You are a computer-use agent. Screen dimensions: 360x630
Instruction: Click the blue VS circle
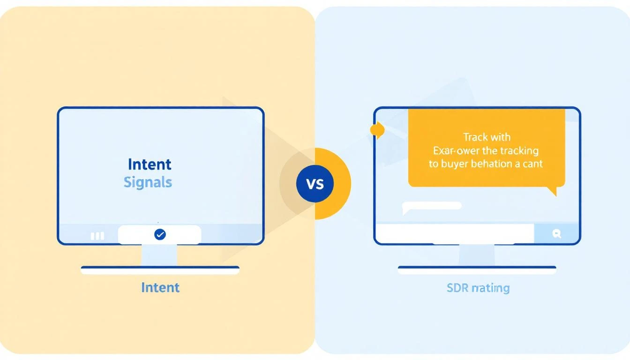tap(315, 184)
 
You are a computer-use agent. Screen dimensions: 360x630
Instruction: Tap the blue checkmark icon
tap(160, 234)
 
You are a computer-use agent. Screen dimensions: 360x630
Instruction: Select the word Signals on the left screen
tap(148, 182)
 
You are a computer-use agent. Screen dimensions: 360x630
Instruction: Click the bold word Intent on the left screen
tap(150, 164)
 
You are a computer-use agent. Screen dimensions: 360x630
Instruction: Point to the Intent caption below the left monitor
tap(160, 287)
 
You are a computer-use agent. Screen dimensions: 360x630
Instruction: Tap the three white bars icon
tap(97, 236)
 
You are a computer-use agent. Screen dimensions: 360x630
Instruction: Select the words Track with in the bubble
tap(487, 137)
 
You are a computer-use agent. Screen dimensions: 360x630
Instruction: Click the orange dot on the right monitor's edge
tap(377, 130)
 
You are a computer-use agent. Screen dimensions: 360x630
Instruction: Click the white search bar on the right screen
tap(455, 233)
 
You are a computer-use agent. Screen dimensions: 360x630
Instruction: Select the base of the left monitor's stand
tap(160, 270)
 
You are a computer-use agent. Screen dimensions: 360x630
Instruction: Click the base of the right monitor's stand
tap(477, 270)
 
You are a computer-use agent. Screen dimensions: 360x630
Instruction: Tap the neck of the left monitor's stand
tap(160, 255)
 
